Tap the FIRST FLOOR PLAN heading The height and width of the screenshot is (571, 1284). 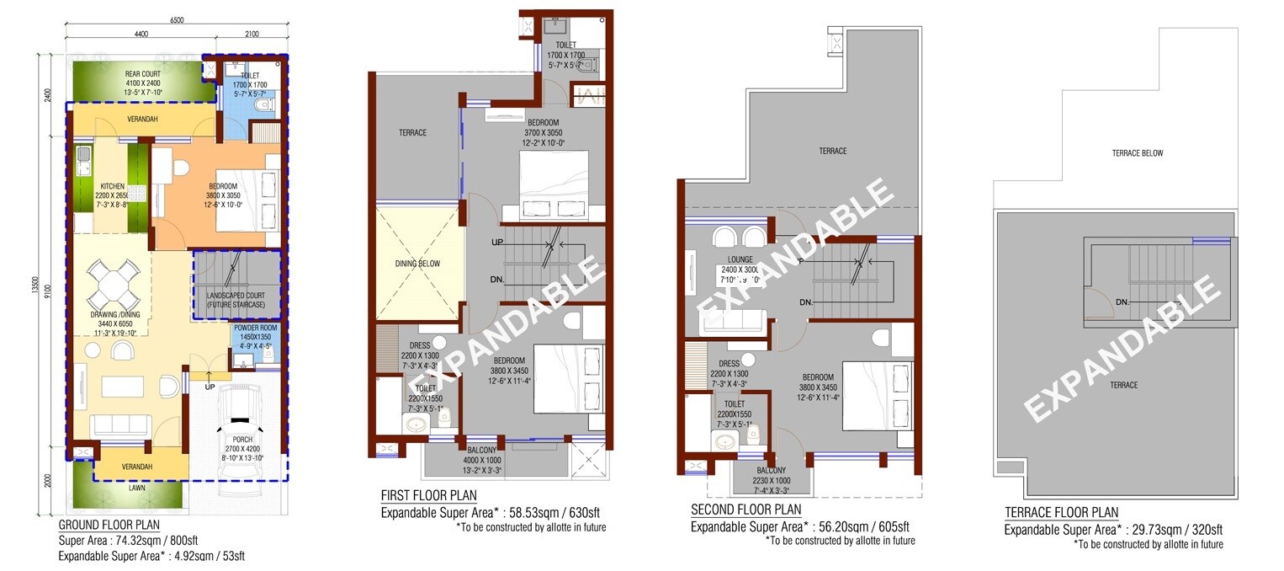click(x=429, y=495)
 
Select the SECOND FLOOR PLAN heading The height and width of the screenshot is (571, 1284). click(x=745, y=510)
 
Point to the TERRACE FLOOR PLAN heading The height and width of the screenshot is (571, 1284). click(x=1061, y=513)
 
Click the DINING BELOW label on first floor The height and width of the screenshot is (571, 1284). click(x=417, y=264)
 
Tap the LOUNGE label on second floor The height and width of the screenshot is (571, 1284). click(x=735, y=260)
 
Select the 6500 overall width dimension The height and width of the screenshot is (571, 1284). click(x=176, y=19)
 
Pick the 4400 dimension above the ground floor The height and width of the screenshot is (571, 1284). click(x=140, y=35)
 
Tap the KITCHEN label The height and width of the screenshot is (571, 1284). click(x=112, y=186)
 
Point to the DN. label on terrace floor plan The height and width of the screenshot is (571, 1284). click(x=1122, y=302)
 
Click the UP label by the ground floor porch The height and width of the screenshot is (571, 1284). click(x=210, y=387)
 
